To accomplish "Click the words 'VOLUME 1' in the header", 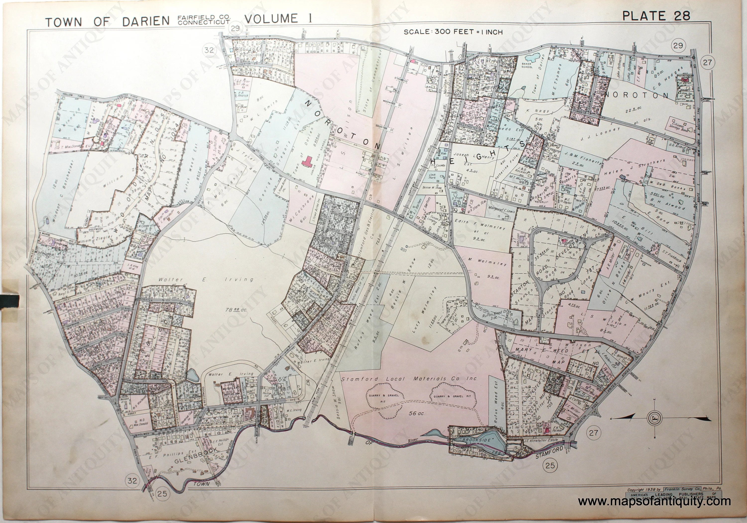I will point(278,19).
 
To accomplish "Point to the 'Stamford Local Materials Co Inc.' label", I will point(409,379).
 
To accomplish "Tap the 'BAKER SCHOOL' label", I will point(527,66).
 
